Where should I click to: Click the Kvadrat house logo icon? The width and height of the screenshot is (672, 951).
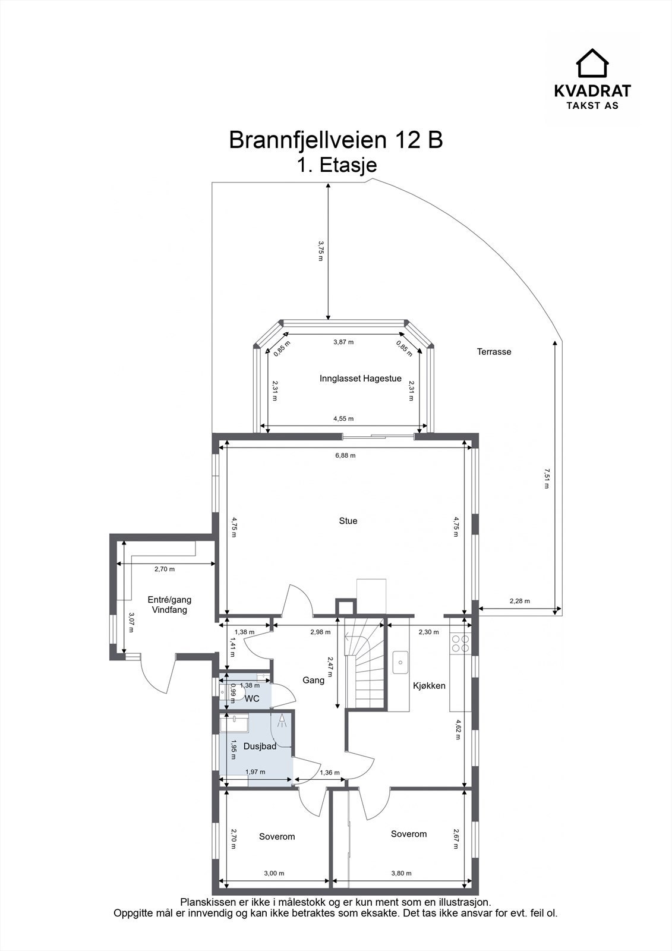click(x=592, y=63)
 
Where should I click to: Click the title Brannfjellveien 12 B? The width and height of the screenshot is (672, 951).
click(x=336, y=140)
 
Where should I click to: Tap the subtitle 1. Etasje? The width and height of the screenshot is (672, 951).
click(x=337, y=165)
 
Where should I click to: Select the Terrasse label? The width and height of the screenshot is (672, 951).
click(x=494, y=352)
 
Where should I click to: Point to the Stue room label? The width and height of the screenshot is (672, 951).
click(x=348, y=521)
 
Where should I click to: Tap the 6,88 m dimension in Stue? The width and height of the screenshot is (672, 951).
click(x=345, y=456)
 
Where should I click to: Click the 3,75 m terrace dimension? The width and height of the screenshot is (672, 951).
click(x=321, y=247)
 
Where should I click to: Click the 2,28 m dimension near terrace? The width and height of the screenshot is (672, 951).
click(x=519, y=602)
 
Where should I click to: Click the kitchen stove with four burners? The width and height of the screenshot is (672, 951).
click(x=460, y=644)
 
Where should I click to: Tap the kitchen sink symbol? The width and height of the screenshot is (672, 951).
click(x=401, y=662)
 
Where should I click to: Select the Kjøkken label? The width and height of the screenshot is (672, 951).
click(x=429, y=686)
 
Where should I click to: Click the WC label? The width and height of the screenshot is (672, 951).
click(x=252, y=699)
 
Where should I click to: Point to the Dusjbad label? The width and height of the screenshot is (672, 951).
click(x=260, y=747)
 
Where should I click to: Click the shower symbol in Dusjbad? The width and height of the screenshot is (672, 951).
click(x=281, y=721)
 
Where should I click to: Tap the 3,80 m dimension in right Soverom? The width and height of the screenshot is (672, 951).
click(x=401, y=874)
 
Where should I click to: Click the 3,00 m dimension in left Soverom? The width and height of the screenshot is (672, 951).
click(x=274, y=874)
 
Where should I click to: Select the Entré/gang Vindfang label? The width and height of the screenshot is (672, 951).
click(x=169, y=605)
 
